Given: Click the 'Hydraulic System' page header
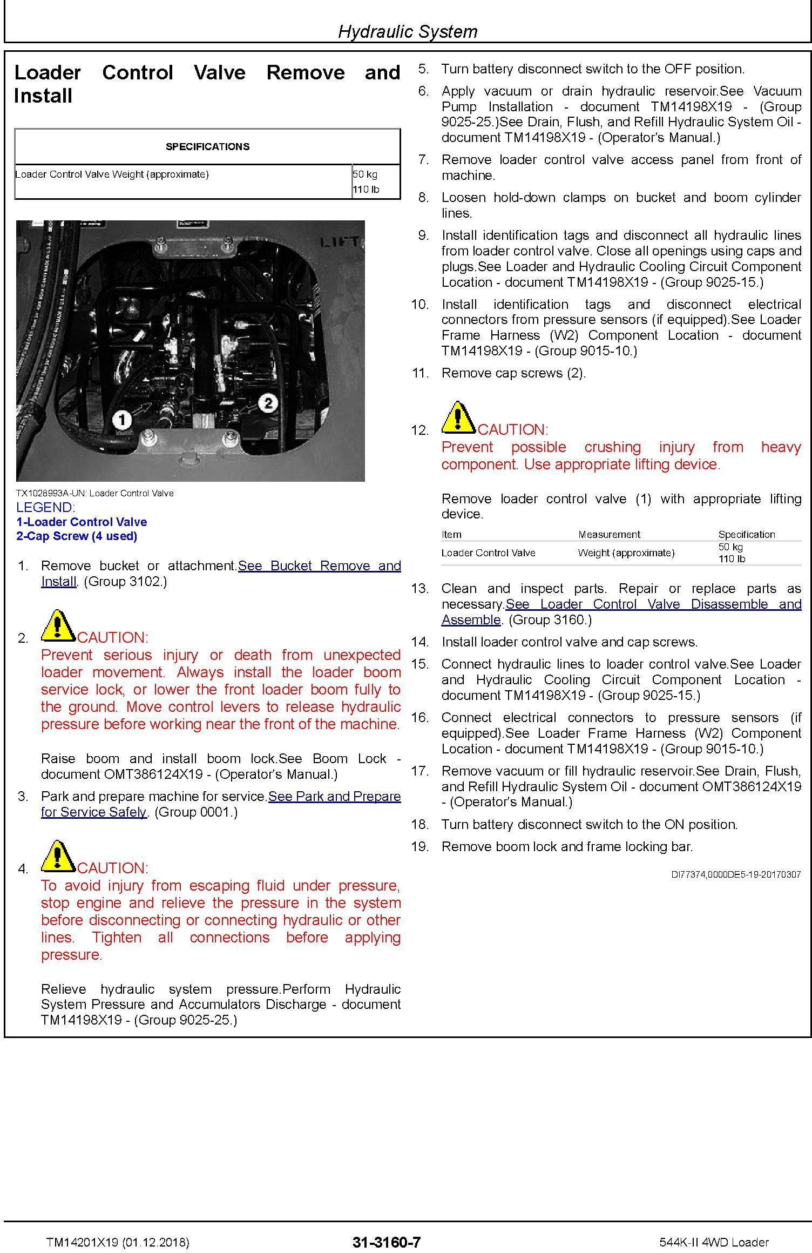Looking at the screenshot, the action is click(x=408, y=31).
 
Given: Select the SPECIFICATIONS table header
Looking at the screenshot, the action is click(x=207, y=146).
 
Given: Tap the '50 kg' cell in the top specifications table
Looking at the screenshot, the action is click(x=365, y=174).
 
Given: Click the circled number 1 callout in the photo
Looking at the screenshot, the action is click(x=122, y=420).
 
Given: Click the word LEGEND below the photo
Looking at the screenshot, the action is click(x=46, y=507).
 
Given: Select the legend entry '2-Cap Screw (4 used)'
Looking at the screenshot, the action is click(x=77, y=536).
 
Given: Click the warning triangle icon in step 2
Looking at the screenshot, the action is click(x=58, y=626).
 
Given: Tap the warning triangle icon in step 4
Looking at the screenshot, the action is click(x=58, y=857).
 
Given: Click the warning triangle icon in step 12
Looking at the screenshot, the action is click(x=459, y=419).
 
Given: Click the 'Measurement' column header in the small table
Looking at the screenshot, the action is click(x=609, y=534).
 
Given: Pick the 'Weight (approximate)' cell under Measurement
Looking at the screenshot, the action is click(x=626, y=553).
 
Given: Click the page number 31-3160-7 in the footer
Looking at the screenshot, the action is click(x=387, y=1242).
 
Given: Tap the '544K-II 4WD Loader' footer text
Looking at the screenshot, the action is click(x=714, y=1242).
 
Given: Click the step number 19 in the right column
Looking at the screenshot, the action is click(x=420, y=846).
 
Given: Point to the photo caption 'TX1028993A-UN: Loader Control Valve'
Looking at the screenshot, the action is click(x=95, y=493).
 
